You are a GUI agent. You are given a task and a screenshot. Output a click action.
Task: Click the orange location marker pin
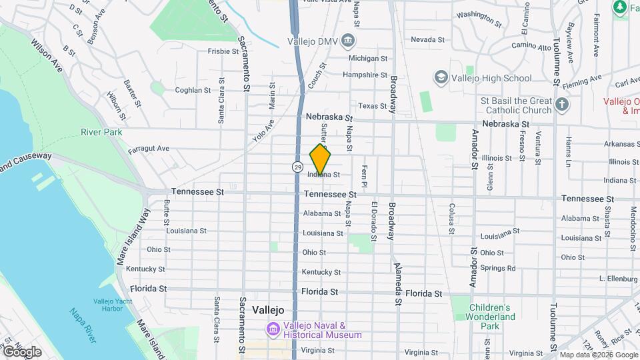(x=320, y=160)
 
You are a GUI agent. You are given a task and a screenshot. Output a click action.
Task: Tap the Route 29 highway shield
(x=296, y=165)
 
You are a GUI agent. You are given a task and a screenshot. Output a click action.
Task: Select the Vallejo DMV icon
(x=347, y=41)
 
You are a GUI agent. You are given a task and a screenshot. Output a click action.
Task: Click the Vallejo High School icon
(x=441, y=78)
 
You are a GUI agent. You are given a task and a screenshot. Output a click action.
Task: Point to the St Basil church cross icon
(x=562, y=104)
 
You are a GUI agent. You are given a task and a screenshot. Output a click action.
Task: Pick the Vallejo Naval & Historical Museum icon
(x=273, y=329)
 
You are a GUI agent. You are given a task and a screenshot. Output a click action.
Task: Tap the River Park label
(x=101, y=132)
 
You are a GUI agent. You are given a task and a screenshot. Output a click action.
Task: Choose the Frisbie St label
(x=223, y=51)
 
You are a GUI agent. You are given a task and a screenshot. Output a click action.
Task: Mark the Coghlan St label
(x=192, y=90)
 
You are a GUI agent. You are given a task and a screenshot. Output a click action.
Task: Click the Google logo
(x=22, y=351)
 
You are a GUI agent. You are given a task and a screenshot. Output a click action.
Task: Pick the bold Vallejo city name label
(x=269, y=310)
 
